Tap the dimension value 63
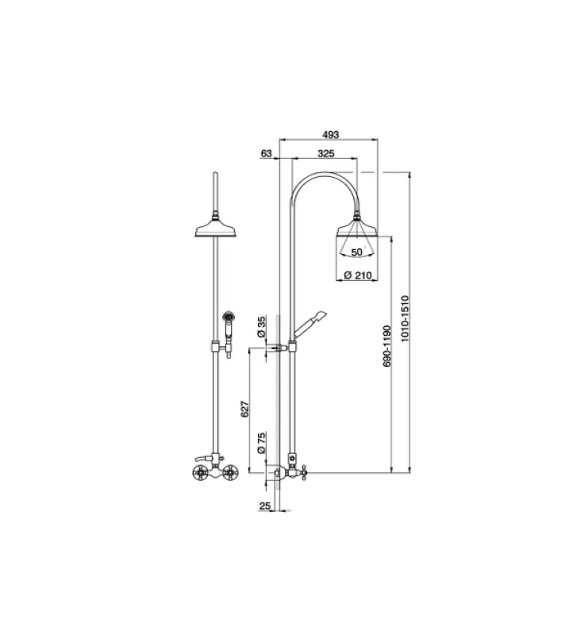click(x=266, y=152)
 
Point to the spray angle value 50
click(x=356, y=252)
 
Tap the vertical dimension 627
click(x=246, y=409)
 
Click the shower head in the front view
click(x=216, y=229)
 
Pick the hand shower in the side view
click(x=311, y=321)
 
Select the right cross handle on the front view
click(x=231, y=475)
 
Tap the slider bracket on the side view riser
click(x=292, y=345)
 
